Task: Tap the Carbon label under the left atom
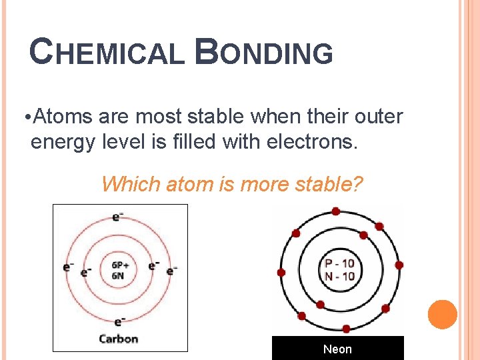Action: pos(118,339)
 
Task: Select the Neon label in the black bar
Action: pos(337,349)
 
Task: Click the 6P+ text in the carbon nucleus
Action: pos(120,264)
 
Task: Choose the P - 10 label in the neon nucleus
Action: pos(339,263)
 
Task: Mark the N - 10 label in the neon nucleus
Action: pos(339,276)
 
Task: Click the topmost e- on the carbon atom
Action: pos(117,217)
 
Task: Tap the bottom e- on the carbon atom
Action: pos(119,322)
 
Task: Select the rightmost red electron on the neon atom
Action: pos(399,265)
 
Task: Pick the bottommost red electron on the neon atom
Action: pos(346,328)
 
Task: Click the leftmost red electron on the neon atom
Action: pos(281,273)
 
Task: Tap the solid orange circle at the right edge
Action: pos(442,315)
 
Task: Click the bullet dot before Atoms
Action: pos(25,119)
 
